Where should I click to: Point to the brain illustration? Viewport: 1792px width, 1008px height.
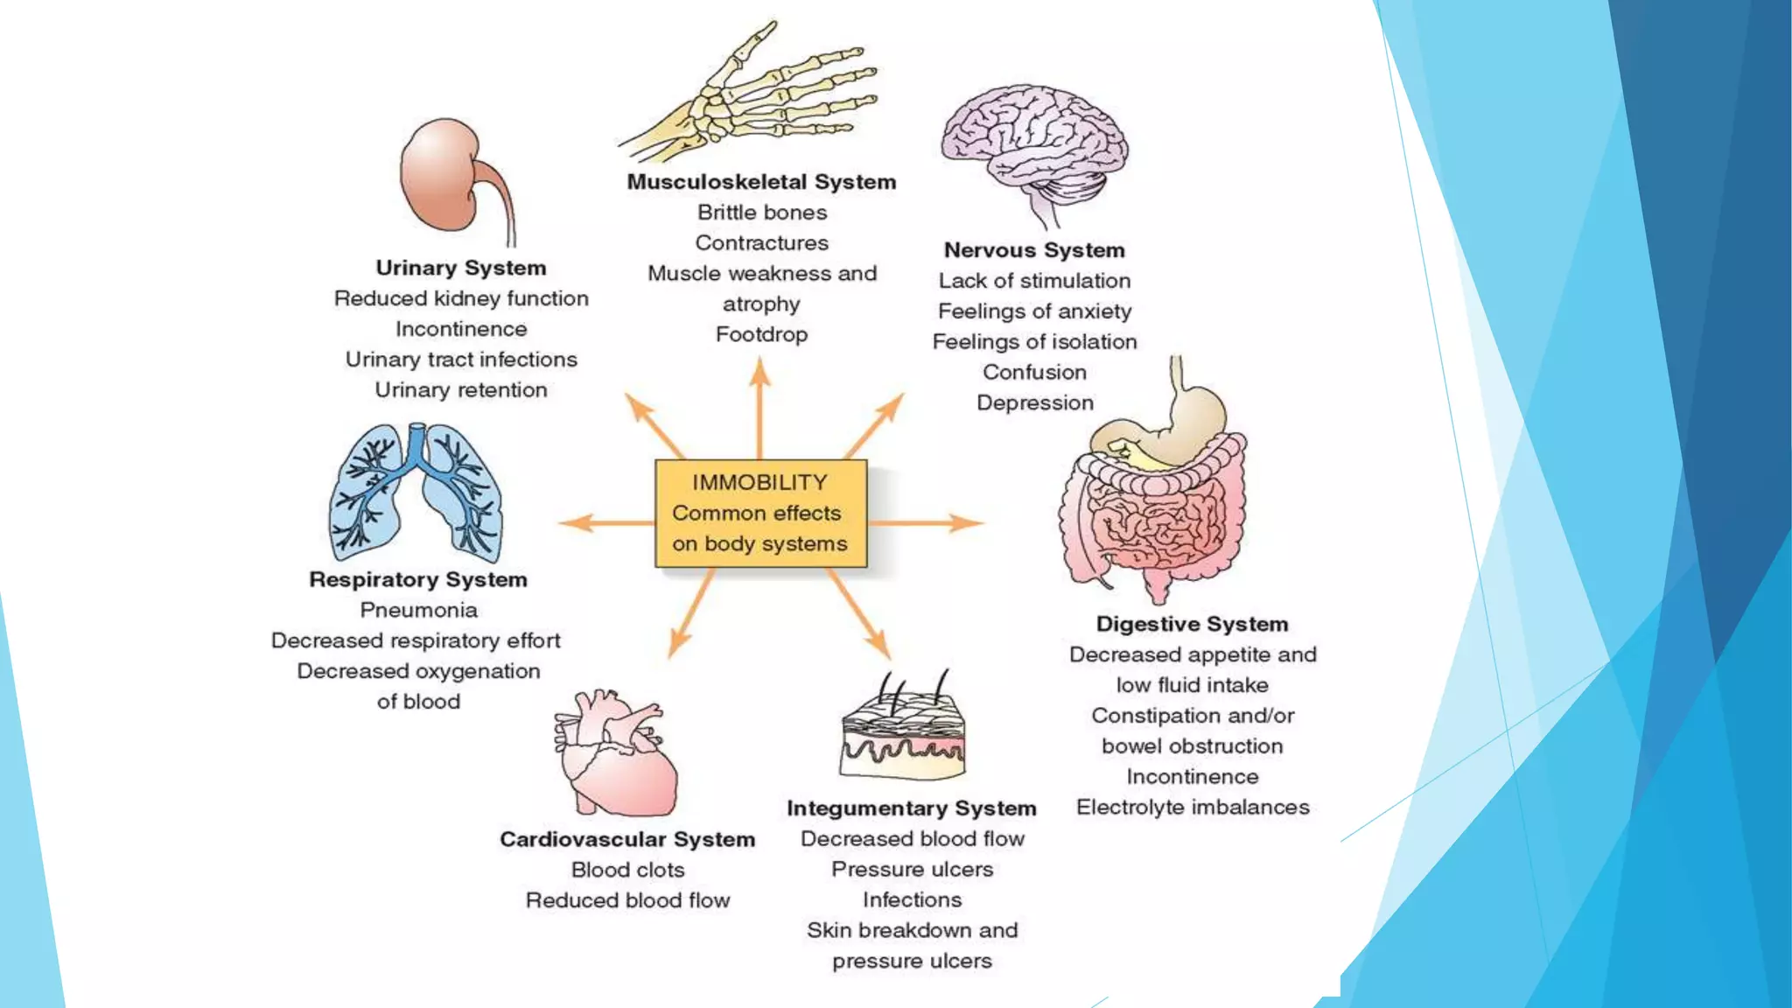[1034, 144]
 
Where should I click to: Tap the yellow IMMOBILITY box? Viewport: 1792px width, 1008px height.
[759, 514]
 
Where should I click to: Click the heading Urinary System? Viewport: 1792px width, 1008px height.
[461, 268]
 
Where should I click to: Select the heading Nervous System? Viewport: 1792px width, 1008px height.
[1034, 250]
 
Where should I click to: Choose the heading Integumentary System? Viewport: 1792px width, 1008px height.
[911, 808]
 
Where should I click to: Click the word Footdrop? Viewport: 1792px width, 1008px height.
[761, 334]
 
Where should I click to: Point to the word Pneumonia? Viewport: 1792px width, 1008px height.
[418, 610]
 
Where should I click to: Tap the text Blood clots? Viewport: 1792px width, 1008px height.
[627, 870]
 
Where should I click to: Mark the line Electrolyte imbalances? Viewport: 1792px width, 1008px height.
[1192, 807]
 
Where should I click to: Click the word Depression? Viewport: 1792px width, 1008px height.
[1034, 402]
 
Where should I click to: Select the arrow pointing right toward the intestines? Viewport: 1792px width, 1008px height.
[927, 523]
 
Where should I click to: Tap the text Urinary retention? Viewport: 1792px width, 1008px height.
[461, 390]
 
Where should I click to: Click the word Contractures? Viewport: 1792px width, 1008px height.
[761, 243]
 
